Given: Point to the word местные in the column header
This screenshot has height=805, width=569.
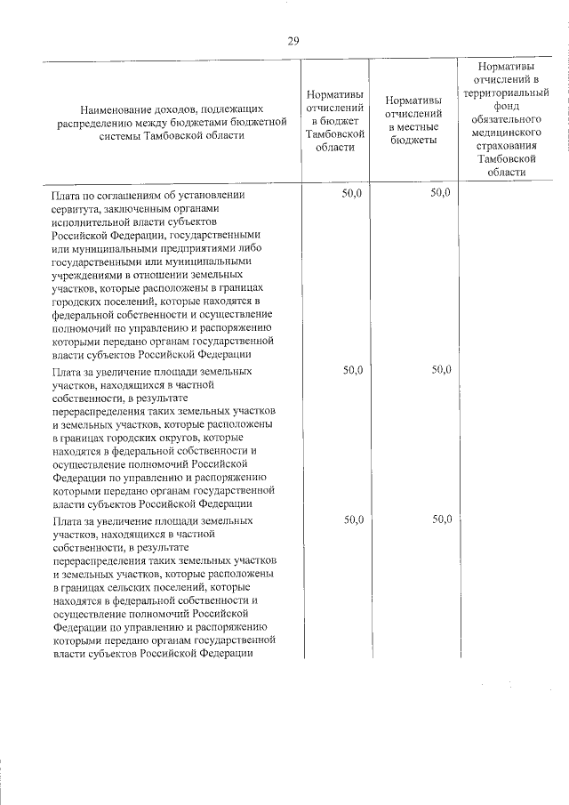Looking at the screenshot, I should click(x=413, y=128).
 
